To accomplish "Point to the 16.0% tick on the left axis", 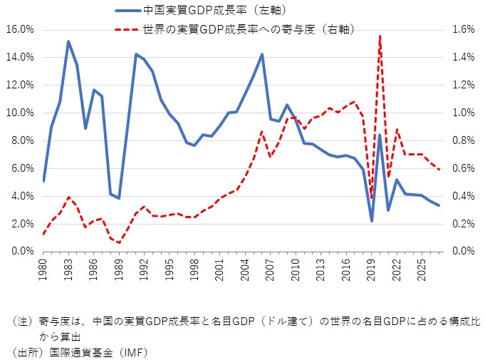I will (19, 29).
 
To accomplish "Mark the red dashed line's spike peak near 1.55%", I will (380, 36).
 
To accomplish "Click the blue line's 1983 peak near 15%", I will (68, 41).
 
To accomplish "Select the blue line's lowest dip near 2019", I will (372, 221).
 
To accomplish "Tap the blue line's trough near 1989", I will (119, 198).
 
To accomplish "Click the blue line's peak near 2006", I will (262, 54).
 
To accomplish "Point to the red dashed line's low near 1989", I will (119, 243).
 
